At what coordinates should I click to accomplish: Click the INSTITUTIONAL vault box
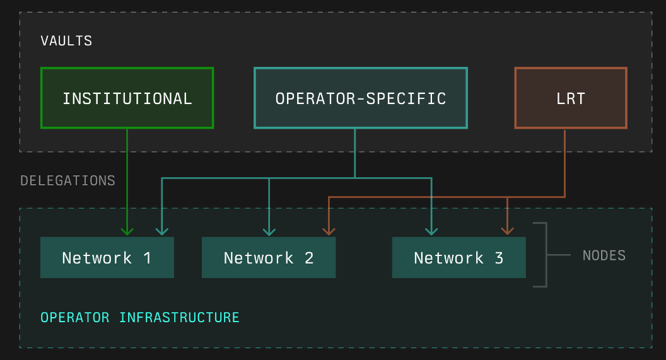coord(127,98)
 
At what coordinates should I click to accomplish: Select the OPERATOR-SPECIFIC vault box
coord(360,98)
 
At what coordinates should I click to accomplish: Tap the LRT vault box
coord(571,98)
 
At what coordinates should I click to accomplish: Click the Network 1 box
coord(107,258)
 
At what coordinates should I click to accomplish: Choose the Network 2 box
coord(268,258)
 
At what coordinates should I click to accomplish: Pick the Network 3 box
coord(459,258)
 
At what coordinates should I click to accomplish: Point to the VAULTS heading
coord(66,41)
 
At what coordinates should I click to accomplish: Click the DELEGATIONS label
coord(67,181)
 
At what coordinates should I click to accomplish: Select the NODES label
coord(604,255)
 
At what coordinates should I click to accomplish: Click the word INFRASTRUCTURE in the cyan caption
coord(179,317)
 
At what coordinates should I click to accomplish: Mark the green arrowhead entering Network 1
coord(127,231)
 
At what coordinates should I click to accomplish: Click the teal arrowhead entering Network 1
coord(162,231)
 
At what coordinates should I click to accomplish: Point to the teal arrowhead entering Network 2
coord(269,231)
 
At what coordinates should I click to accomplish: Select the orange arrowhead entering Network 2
coord(329,231)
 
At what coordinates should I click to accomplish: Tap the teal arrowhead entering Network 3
coord(431,231)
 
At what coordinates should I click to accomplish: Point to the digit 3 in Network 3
coord(499,258)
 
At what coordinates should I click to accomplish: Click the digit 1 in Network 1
coord(148,258)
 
